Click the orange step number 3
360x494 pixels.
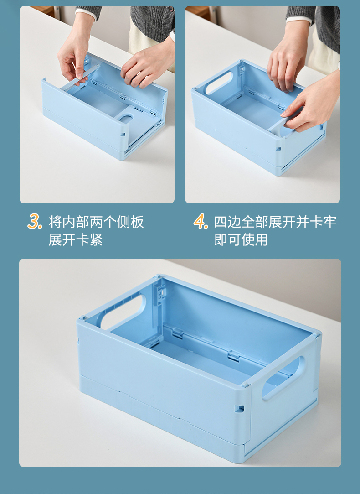(34, 221)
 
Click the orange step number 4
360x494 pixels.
(201, 221)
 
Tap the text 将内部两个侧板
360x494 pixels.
(96, 222)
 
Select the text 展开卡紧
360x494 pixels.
(76, 240)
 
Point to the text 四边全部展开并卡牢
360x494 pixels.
(275, 222)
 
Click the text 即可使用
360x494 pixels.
(241, 240)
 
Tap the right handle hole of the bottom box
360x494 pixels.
(281, 378)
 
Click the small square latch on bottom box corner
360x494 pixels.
(239, 409)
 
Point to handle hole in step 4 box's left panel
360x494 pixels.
(219, 83)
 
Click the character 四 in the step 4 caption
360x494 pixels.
(221, 222)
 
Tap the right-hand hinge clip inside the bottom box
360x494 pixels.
(233, 356)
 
